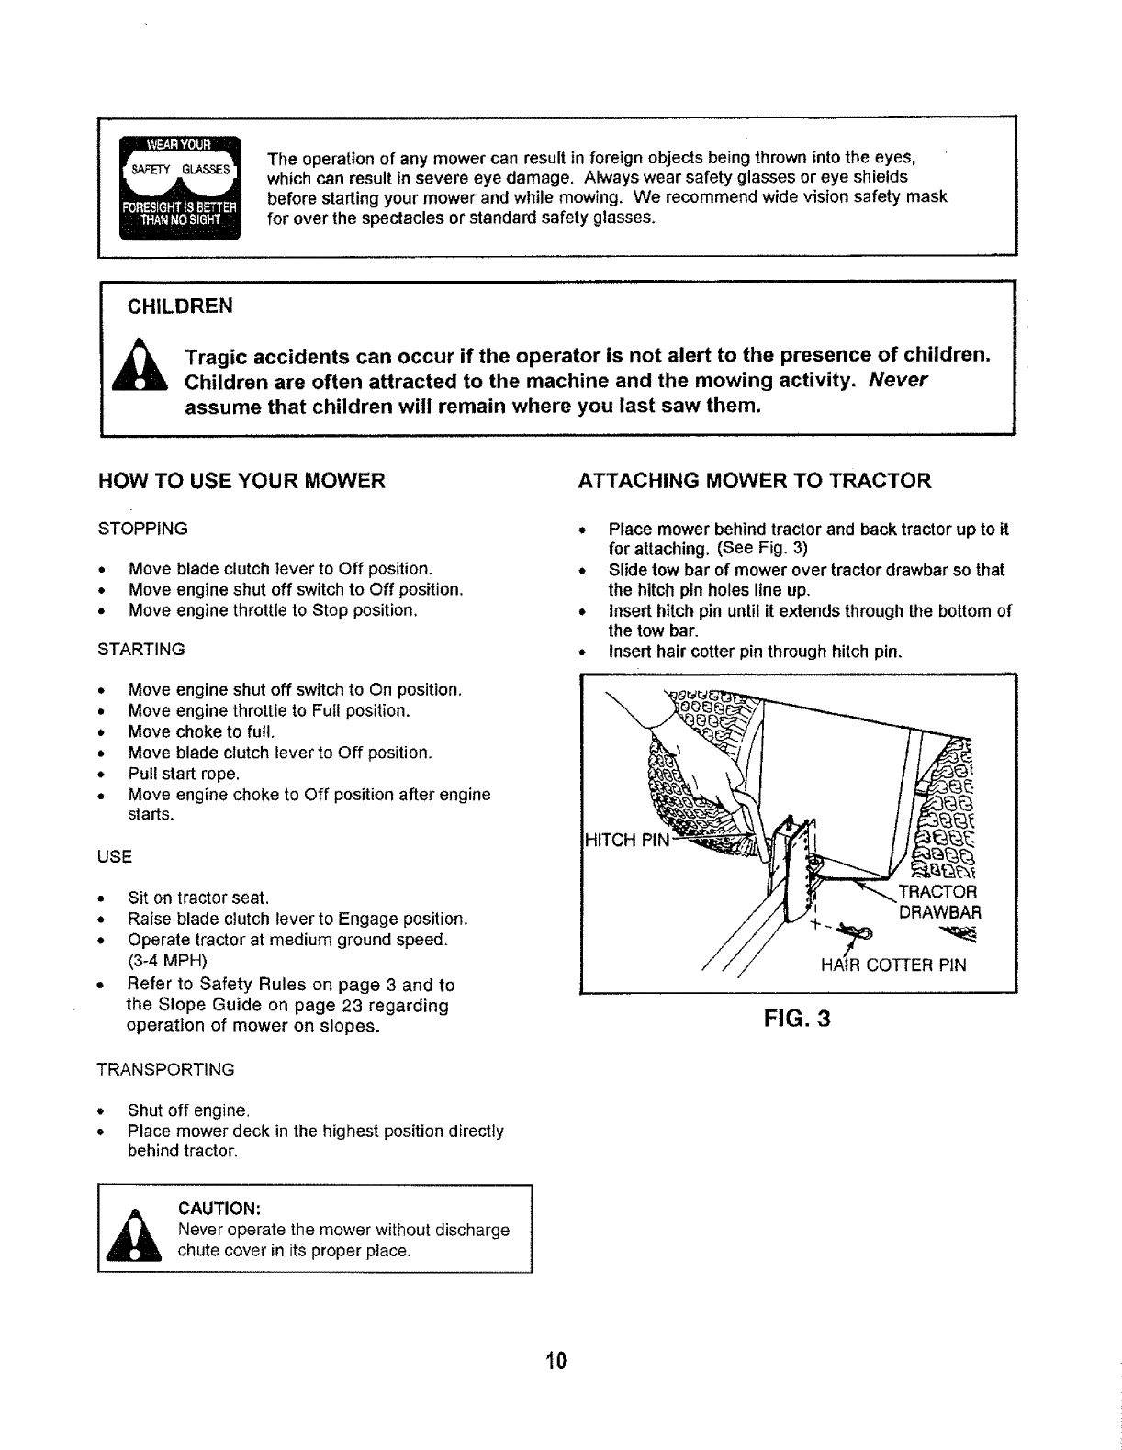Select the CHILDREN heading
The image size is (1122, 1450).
pos(180,306)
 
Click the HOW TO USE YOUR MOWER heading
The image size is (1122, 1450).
pos(241,481)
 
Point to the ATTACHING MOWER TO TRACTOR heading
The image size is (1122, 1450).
pos(754,481)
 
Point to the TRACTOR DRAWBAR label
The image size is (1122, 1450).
pos(941,903)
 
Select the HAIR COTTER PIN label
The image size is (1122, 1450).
pos(894,965)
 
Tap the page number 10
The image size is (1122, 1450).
pos(555,1360)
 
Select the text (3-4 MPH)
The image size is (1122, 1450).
pos(168,961)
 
